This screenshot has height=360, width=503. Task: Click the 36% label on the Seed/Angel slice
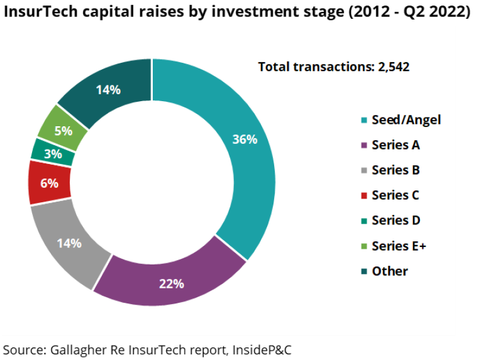pos(245,139)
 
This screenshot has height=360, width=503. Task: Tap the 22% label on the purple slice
pos(171,283)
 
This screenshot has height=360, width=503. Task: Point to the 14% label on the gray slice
pos(69,243)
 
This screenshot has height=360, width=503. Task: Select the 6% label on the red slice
pos(49,183)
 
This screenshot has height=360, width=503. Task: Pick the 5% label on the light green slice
pos(63,131)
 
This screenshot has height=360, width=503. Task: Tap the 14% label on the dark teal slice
pos(108,90)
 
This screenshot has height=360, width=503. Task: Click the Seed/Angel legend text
pos(406,119)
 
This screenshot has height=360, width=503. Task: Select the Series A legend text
pos(395,145)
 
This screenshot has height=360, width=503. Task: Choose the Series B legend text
pos(395,170)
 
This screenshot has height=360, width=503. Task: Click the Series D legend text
pos(395,220)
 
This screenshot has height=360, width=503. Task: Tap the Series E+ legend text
pos(399,246)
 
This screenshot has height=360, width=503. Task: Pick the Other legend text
pos(390,271)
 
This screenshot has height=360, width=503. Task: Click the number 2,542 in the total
pos(394,67)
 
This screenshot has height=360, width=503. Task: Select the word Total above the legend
pos(274,67)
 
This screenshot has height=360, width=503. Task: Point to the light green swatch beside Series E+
pos(364,246)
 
